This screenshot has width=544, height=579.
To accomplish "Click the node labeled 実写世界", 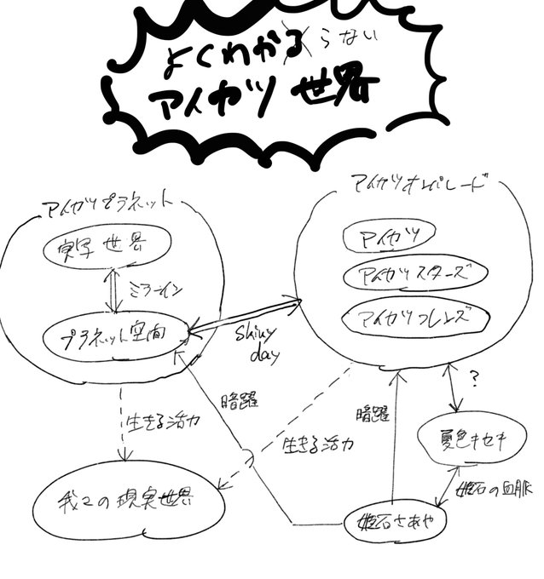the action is point(101,246).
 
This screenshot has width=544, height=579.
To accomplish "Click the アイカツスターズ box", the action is point(414,274).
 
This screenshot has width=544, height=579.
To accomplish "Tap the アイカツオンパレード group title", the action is point(418,183).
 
